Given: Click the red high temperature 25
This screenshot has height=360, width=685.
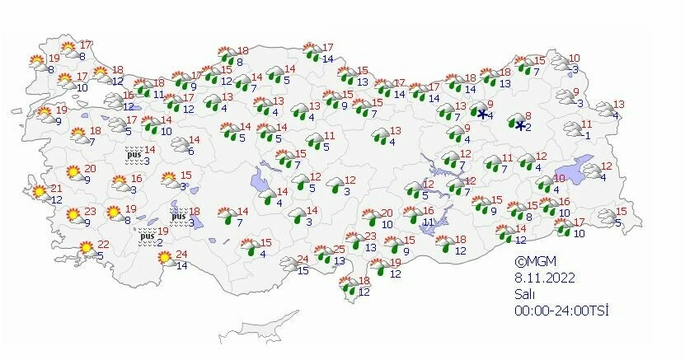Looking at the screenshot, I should click(x=339, y=250).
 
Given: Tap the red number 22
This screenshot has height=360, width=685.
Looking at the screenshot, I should click(x=103, y=244).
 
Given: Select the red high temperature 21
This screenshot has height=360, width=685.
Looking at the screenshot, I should click(x=56, y=189).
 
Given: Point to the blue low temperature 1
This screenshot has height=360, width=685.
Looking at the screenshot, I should click(x=588, y=135).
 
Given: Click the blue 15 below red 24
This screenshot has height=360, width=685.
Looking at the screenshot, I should click(x=303, y=270).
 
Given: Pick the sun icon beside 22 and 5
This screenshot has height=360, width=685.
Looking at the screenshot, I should click(x=85, y=247).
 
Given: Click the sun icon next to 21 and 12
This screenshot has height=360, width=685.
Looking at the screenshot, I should click(x=38, y=193).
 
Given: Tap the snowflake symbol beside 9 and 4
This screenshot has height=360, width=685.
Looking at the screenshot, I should click(x=482, y=114).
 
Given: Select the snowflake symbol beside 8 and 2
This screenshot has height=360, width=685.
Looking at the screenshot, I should click(x=520, y=126).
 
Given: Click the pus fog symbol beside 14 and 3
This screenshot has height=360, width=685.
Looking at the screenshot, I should click(x=134, y=153).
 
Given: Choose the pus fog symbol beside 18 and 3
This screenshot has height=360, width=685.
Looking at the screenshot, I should click(x=178, y=217).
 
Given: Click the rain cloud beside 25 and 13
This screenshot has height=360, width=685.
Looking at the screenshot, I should click(x=321, y=255).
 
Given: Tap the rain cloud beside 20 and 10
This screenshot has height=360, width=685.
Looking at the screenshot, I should click(x=367, y=217).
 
